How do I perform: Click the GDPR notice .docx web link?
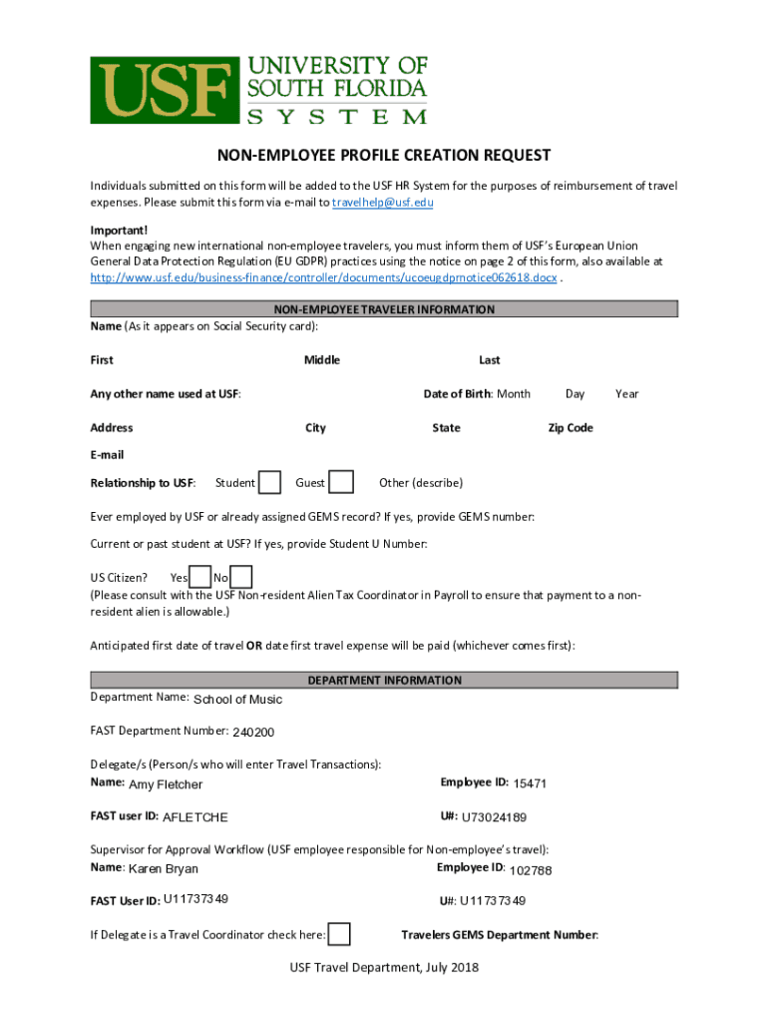tap(323, 276)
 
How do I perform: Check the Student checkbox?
tap(269, 483)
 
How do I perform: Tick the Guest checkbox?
tap(341, 483)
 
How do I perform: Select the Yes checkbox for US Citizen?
tap(200, 577)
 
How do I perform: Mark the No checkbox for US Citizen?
tap(241, 577)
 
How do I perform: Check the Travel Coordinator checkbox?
tap(340, 934)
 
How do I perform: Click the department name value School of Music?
tap(237, 699)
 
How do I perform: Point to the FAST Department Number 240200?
tap(253, 733)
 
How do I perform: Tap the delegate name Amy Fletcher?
tap(166, 784)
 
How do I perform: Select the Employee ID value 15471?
tap(530, 783)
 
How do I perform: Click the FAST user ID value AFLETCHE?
tap(195, 817)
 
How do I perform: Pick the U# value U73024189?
tap(494, 817)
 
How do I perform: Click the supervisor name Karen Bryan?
tap(164, 869)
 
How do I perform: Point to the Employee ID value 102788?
tap(531, 871)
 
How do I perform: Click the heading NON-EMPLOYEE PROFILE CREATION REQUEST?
tap(384, 156)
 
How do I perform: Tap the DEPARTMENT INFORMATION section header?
tap(384, 680)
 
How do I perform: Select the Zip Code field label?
tap(571, 427)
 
